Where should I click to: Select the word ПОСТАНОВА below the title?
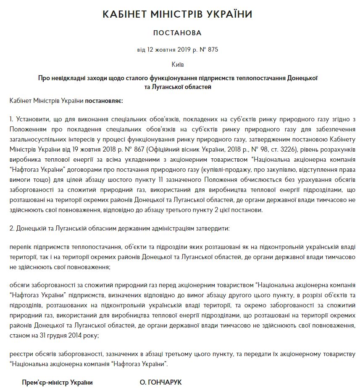[x=177, y=33]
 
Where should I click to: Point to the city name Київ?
[x=177, y=65]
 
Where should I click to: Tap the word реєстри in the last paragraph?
[x=21, y=354]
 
